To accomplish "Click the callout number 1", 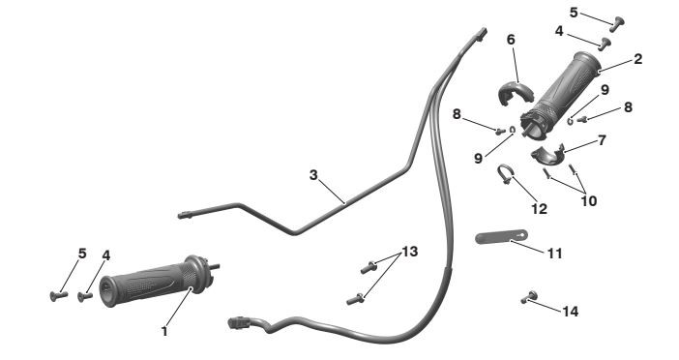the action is [164, 332].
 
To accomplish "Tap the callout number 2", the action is [637, 59].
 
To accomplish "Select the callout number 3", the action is [313, 175].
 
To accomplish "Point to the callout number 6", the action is [511, 40].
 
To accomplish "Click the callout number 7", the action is [602, 140].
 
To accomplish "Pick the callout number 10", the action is [589, 201].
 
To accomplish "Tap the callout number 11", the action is [555, 254].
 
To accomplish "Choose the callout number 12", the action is [539, 209].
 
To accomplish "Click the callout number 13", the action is [410, 252].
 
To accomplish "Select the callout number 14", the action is [571, 311].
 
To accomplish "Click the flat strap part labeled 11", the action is [501, 237].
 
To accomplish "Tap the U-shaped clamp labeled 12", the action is [505, 174].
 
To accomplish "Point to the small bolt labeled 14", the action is [529, 297].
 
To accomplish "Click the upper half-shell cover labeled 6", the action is [514, 90].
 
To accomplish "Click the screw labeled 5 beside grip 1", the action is [59, 296].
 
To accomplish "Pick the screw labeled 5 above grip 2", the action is [617, 24].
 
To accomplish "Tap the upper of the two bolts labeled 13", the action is [369, 267].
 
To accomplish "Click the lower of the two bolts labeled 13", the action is [355, 299].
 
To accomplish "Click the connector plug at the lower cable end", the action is [238, 322].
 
